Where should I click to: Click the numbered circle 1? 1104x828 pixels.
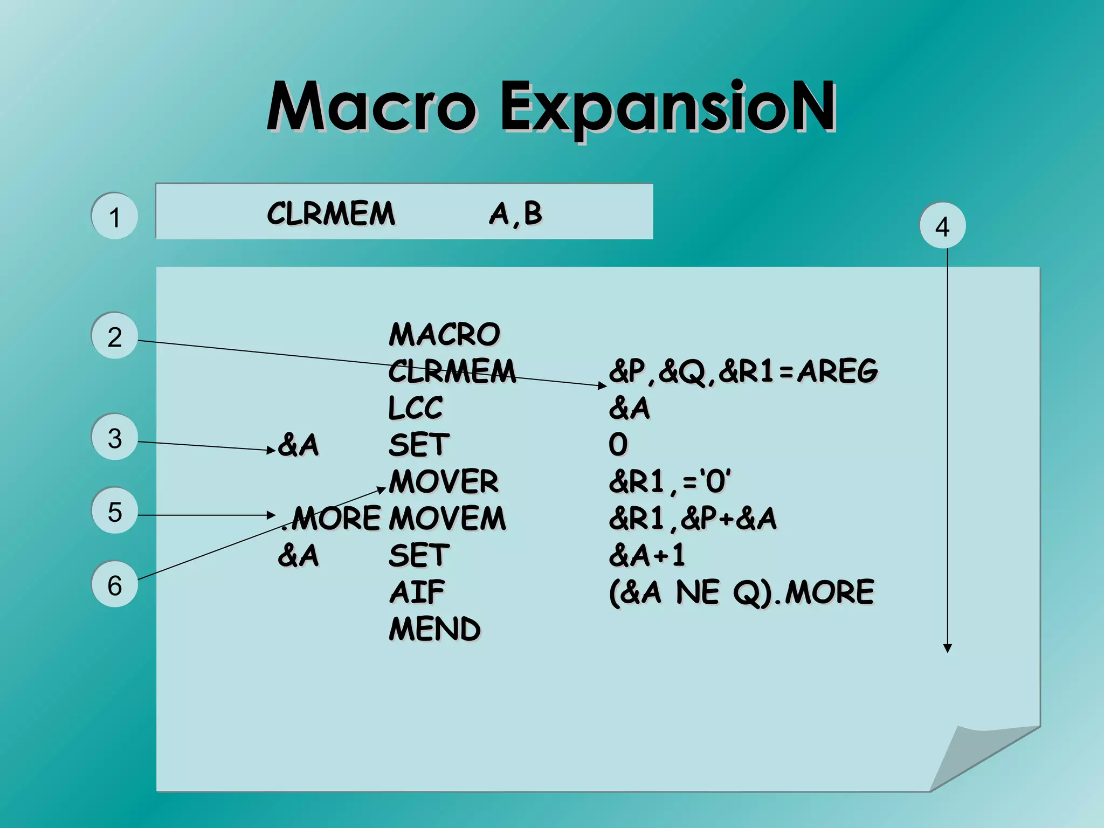tap(114, 216)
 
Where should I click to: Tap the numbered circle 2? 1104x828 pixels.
tap(114, 336)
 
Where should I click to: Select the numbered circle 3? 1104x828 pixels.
tap(114, 437)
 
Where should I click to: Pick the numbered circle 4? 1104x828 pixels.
tap(942, 226)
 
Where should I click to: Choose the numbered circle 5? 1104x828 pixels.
tap(114, 511)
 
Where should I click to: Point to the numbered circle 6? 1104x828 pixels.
tap(114, 585)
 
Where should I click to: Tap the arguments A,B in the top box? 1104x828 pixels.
tap(515, 213)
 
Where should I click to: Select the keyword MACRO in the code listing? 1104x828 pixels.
tap(444, 334)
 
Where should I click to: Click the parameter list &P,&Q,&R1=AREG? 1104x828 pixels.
tap(743, 371)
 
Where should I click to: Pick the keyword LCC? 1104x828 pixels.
tap(415, 408)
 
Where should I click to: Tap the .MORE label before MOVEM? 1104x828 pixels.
tap(332, 519)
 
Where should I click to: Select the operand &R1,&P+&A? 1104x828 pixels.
tap(692, 519)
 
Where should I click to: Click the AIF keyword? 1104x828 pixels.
tap(417, 592)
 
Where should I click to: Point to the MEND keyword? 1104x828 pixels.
tap(434, 629)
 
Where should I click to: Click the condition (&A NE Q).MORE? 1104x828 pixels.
tap(741, 592)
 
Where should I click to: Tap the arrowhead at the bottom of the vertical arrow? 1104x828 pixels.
tap(947, 648)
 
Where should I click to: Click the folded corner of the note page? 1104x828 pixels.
tap(970, 755)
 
